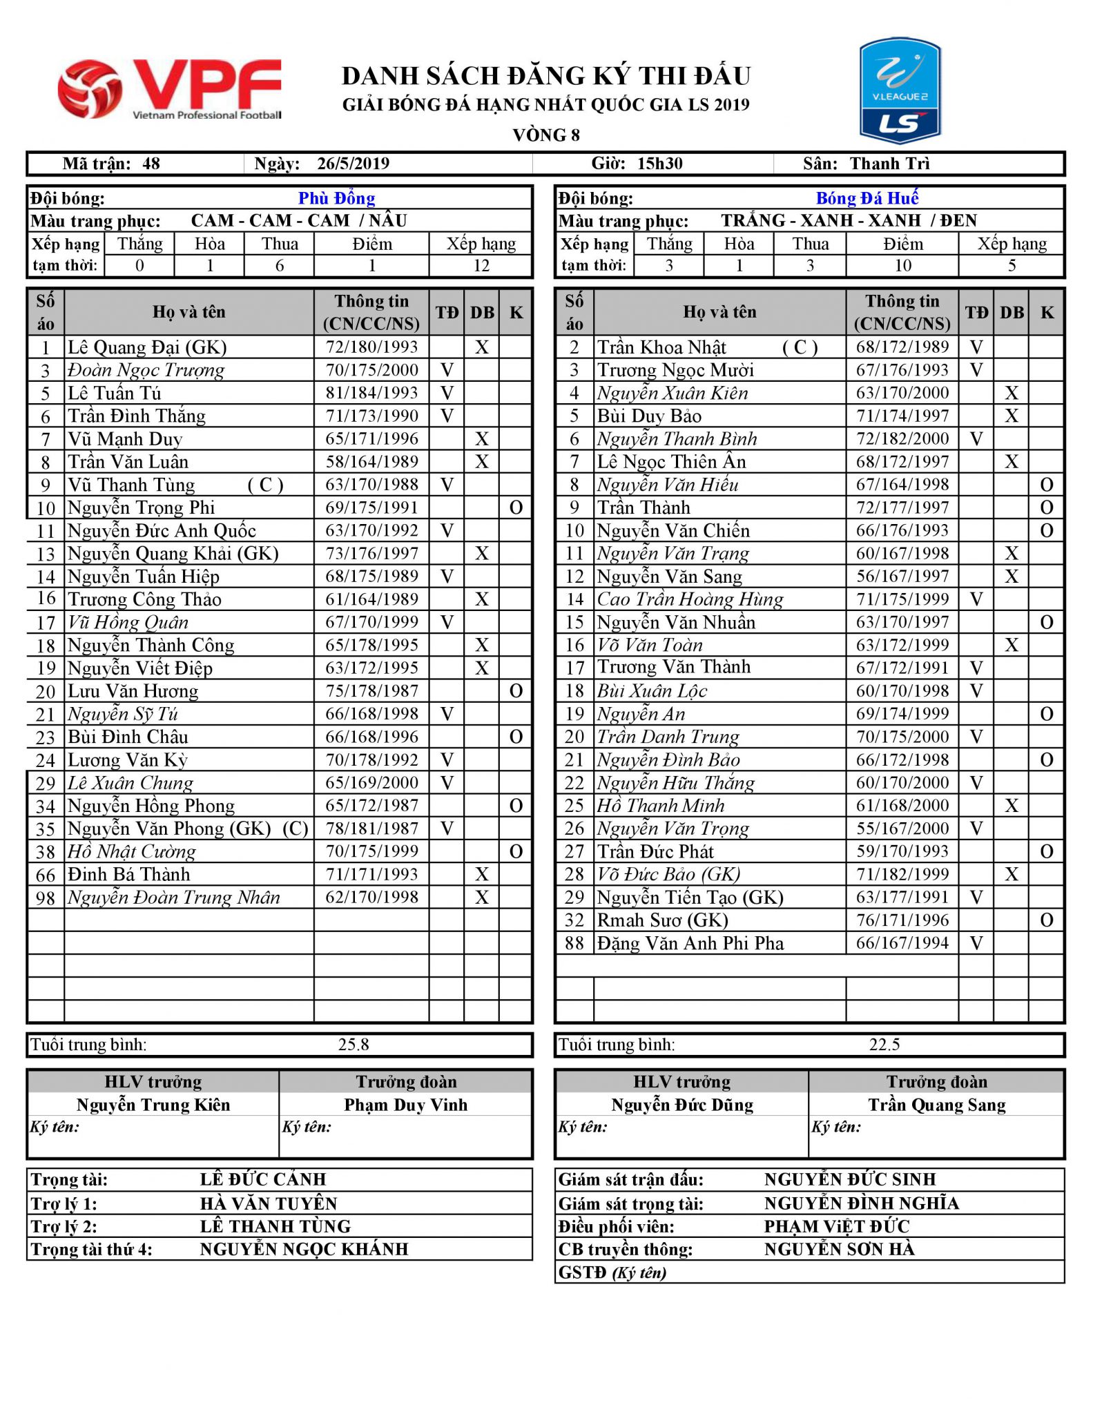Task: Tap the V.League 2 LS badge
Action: pos(900,90)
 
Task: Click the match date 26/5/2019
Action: pos(353,164)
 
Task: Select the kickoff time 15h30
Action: pos(659,164)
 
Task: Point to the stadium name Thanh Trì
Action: pos(889,164)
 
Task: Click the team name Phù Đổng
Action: pos(336,199)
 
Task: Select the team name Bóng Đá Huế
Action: pos(867,199)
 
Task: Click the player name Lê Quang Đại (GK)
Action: pos(147,347)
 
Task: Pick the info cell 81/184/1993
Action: pos(371,393)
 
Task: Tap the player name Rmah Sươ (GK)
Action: pos(662,920)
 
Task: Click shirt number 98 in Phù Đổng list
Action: pos(46,898)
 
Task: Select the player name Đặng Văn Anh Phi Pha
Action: pos(690,943)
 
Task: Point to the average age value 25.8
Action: pos(354,1045)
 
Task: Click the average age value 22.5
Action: pos(884,1045)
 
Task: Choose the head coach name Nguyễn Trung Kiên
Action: pos(153,1105)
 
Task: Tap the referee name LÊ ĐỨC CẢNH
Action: pos(263,1179)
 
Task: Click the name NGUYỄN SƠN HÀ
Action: pos(839,1249)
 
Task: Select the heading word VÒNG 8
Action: pos(545,135)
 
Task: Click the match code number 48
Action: pos(151,164)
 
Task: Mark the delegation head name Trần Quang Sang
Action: pos(936,1105)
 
